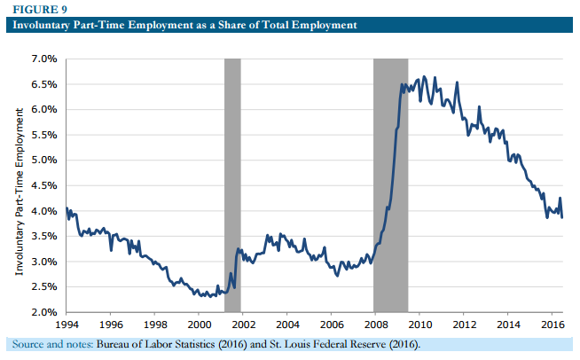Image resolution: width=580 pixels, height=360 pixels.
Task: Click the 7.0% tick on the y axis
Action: click(x=43, y=59)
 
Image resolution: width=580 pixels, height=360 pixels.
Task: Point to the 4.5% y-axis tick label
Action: click(x=43, y=185)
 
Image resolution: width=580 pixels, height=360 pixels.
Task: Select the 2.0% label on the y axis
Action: click(x=43, y=312)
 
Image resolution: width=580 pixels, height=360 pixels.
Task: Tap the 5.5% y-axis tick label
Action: click(x=43, y=135)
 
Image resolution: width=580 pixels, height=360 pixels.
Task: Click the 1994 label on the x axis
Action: click(x=67, y=325)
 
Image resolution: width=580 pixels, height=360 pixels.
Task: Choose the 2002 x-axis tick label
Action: click(x=243, y=325)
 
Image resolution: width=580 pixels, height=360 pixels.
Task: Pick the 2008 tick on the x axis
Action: click(x=375, y=325)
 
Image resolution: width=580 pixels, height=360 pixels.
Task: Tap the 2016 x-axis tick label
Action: click(x=552, y=325)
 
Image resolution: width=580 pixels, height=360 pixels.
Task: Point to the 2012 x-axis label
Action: click(x=464, y=325)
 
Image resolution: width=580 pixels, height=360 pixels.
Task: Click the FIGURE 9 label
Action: click(x=33, y=10)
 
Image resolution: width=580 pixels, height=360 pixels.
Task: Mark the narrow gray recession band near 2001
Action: click(x=232, y=185)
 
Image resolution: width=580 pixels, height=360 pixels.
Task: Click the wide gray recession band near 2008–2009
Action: click(x=390, y=185)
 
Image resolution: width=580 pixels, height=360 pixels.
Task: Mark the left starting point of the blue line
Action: click(x=67, y=209)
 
